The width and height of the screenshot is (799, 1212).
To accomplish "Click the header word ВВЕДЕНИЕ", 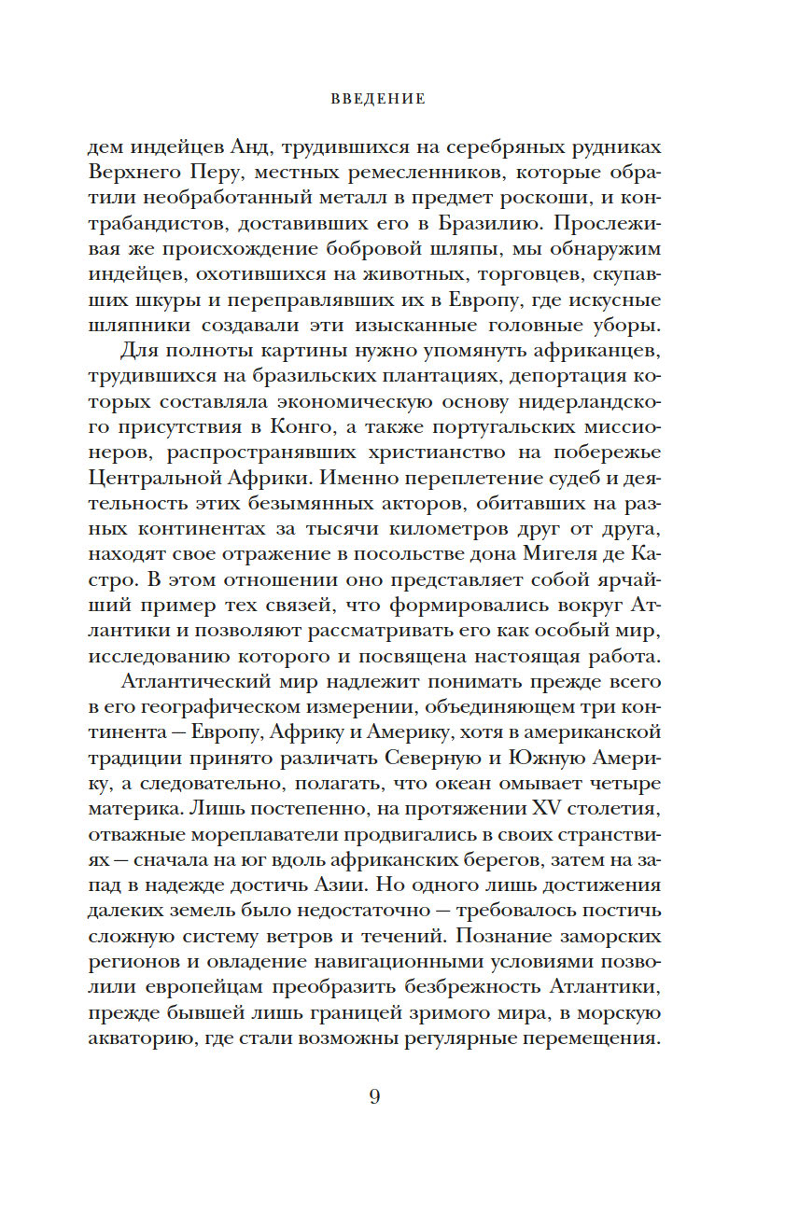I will pos(378,98).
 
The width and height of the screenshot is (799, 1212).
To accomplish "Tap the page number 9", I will pos(374,1095).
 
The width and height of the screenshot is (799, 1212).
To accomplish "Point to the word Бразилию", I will pos(455,222).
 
